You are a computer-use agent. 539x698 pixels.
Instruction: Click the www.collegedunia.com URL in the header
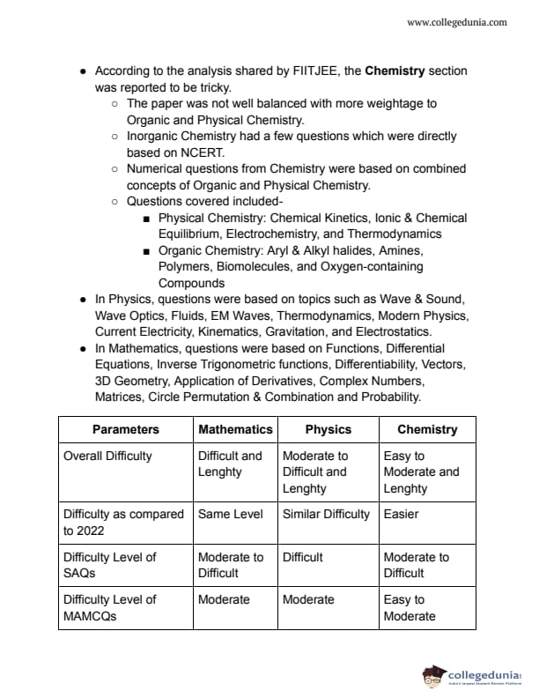point(457,22)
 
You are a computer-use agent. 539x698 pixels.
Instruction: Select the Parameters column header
point(126,429)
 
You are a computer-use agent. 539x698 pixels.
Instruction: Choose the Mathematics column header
point(235,429)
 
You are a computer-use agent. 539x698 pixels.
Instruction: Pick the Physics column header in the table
point(328,429)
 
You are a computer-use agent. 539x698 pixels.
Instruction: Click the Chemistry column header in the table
point(427,429)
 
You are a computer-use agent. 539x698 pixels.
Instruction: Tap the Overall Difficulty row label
point(107,456)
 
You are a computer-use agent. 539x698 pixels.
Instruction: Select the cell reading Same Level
point(231,514)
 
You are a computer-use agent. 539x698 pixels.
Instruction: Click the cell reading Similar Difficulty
point(326,514)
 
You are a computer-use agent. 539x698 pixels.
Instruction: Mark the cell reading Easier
point(402,514)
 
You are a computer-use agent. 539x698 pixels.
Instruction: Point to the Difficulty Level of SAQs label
point(110,565)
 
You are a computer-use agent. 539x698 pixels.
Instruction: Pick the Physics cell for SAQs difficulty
point(303,557)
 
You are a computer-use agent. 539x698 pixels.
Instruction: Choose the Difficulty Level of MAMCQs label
point(110,607)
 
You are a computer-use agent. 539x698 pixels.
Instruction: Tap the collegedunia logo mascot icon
point(434,676)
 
